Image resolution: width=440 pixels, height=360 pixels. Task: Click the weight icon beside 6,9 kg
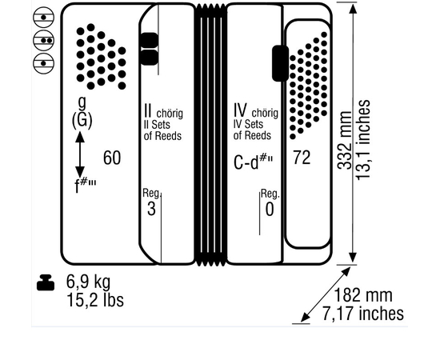click(46, 282)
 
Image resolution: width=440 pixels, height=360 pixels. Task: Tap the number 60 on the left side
click(112, 158)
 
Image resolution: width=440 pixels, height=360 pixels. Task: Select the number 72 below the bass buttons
click(302, 158)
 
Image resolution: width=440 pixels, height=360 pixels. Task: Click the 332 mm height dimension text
click(345, 140)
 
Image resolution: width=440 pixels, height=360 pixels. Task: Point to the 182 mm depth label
click(363, 295)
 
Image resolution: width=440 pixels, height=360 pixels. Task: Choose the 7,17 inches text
click(363, 314)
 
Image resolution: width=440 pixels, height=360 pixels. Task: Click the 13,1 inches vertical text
click(363, 139)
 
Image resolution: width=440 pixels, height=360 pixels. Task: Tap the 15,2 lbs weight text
click(95, 300)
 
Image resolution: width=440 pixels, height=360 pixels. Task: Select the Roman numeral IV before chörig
click(241, 110)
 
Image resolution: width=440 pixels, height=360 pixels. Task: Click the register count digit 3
click(151, 209)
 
